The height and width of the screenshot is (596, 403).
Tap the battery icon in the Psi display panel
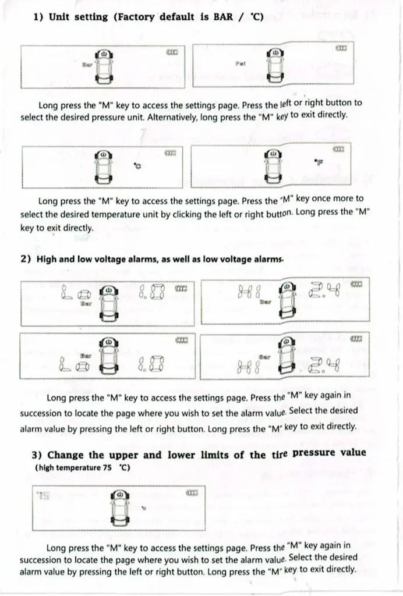pyautogui.click(x=341, y=48)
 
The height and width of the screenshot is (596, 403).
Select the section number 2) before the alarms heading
pyautogui.click(x=26, y=260)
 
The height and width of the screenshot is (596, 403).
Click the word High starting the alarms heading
pyautogui.click(x=48, y=260)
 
